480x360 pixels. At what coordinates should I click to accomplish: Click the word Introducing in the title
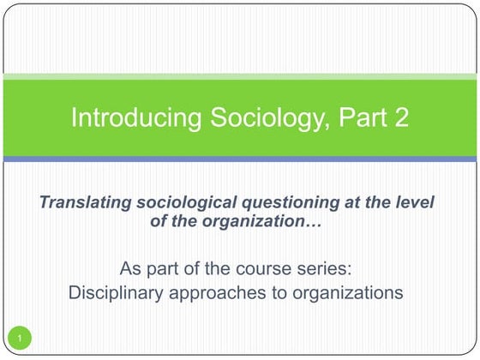(124, 117)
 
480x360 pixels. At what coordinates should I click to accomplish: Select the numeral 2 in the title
(399, 117)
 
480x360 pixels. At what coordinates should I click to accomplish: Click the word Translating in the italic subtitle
(82, 202)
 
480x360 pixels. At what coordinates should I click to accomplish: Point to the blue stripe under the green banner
(240, 159)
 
